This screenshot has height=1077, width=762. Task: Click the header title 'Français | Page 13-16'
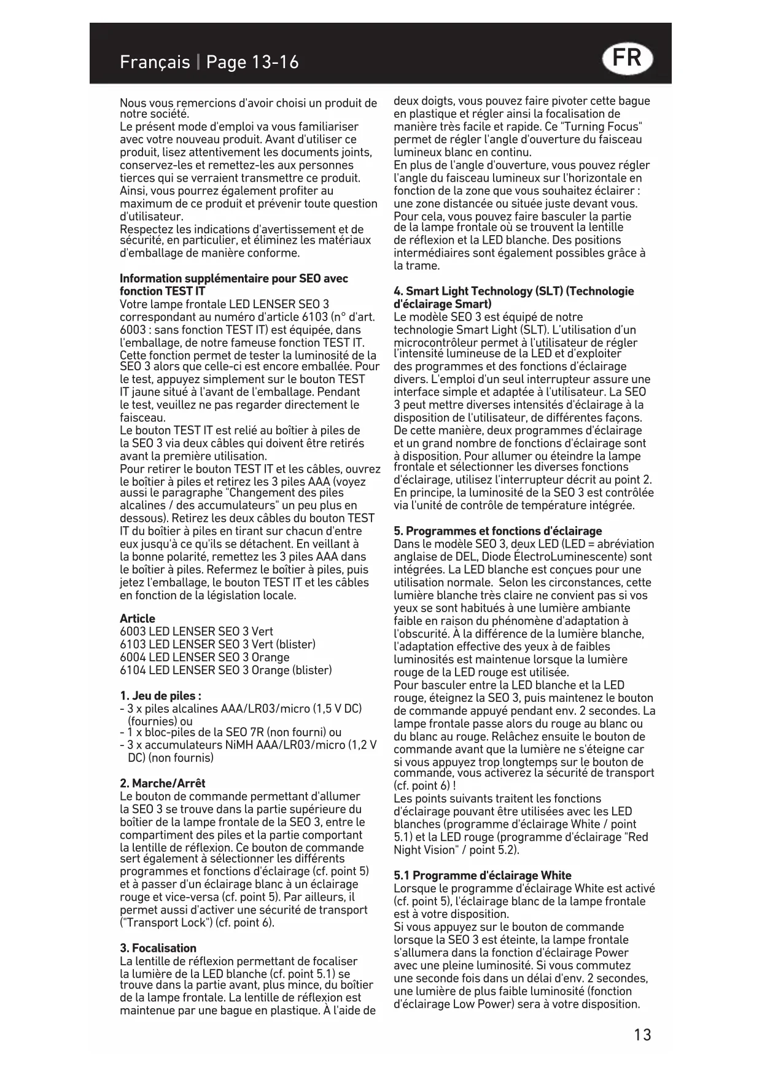209,62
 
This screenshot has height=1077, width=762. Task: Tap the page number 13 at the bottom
642,1035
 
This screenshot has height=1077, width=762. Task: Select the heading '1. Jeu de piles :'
160,696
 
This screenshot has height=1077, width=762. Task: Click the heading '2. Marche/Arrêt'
162,783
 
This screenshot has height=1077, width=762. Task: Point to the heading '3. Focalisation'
158,947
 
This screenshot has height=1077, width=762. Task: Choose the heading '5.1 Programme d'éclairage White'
482,875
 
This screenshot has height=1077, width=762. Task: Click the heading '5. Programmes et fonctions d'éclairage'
497,531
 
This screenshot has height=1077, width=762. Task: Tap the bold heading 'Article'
138,618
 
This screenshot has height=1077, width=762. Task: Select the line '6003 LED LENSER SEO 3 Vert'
196,631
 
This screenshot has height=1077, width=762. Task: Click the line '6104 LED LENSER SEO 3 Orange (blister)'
225,670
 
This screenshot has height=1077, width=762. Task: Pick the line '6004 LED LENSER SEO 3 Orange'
204,657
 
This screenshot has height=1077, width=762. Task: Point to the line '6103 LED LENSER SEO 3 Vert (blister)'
217,644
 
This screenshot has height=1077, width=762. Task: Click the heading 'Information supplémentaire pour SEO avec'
234,278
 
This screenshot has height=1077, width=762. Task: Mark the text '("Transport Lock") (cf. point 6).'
197,922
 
